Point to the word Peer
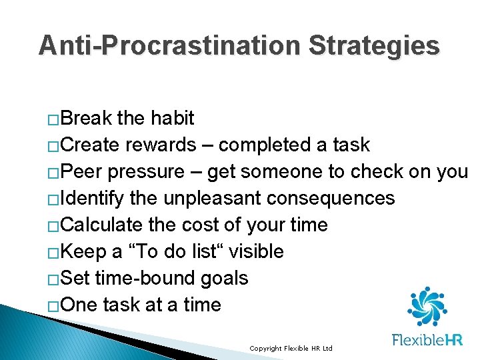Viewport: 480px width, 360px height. click(x=83, y=172)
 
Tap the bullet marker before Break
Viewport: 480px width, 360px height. click(x=53, y=120)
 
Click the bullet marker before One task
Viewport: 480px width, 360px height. click(x=53, y=307)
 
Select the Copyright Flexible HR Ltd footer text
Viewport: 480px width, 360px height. click(x=290, y=349)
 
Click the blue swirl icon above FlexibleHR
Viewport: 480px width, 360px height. click(x=427, y=307)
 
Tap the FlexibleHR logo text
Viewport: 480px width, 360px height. click(x=427, y=340)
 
